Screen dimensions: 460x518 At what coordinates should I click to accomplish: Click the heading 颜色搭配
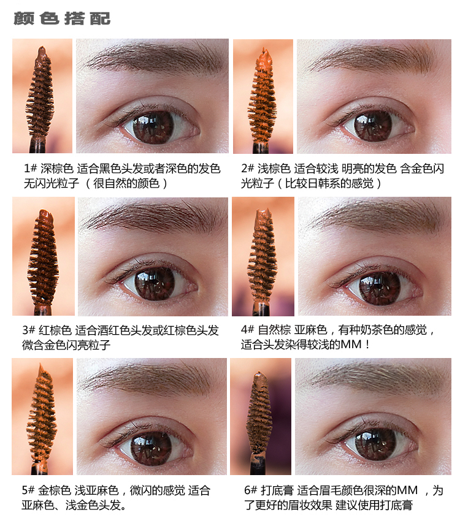62,18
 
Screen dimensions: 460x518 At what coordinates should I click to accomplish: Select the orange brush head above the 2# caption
263,96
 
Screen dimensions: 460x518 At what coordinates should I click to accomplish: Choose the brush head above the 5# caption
42,413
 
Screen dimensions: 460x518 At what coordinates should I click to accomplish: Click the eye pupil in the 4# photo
380,288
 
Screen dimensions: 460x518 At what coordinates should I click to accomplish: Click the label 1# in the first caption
30,169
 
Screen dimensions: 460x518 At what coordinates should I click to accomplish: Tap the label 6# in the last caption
250,490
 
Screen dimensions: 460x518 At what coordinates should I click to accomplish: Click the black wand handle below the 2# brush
262,147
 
